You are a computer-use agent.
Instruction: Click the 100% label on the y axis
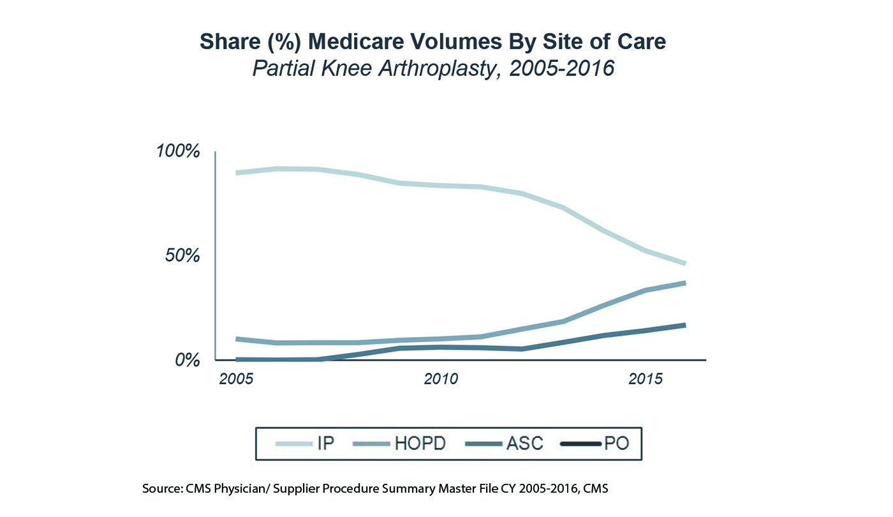pos(178,152)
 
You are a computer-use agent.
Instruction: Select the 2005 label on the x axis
pos(235,379)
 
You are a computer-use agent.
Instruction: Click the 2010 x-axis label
pos(441,379)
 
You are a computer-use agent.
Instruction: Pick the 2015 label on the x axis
pos(646,379)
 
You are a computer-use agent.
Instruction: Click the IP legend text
pos(325,443)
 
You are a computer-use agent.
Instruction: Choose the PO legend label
pos(616,443)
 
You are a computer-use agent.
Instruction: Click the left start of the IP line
pos(237,173)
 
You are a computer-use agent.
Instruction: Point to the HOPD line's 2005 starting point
pos(237,339)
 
